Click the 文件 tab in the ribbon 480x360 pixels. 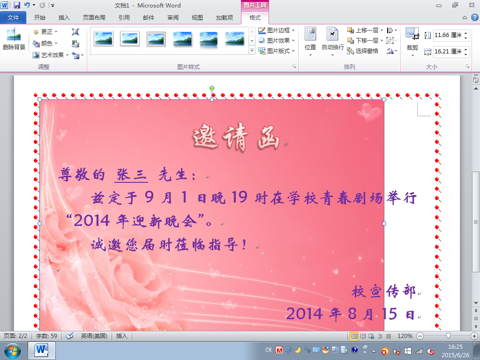point(13,18)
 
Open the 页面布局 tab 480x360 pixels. point(94,18)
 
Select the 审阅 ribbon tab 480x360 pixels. point(172,18)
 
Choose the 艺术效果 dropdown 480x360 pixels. point(51,55)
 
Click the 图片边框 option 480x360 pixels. point(277,30)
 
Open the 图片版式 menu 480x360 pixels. point(277,51)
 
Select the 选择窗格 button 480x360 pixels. point(363,51)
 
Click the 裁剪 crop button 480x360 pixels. point(412,42)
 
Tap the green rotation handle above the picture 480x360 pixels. point(212,89)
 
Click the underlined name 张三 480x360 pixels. point(131,175)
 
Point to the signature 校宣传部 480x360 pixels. point(383,291)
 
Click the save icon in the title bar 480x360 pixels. point(17,5)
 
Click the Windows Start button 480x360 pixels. point(12,351)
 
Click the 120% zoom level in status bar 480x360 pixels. point(405,336)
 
